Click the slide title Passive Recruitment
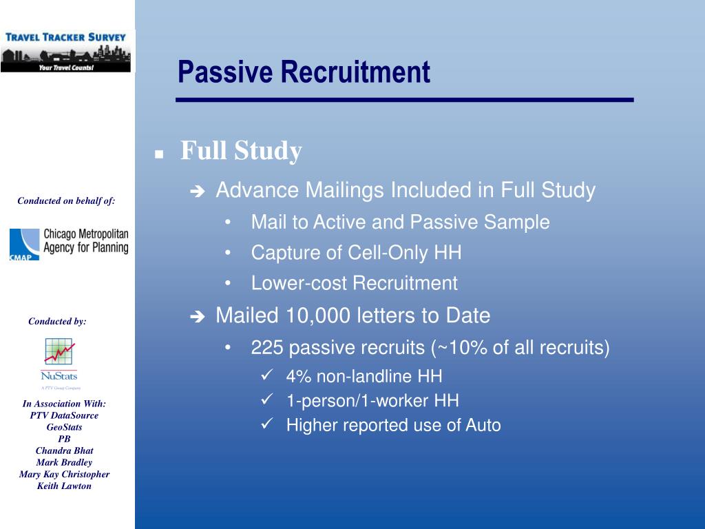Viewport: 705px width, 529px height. (304, 72)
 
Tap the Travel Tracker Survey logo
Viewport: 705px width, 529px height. (66, 51)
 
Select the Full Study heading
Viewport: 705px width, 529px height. (241, 151)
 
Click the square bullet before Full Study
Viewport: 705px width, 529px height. (159, 154)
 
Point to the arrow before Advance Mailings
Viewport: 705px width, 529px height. (198, 192)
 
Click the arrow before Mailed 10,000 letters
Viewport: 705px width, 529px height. (198, 317)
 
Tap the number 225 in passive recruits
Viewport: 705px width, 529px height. (267, 348)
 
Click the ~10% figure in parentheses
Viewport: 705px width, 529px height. (462, 348)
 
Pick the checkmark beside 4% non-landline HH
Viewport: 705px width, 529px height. (267, 375)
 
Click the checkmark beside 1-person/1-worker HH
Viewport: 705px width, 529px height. (267, 399)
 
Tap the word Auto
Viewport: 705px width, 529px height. (483, 425)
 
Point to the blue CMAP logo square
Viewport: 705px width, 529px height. (24, 245)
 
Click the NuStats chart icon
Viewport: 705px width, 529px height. (59, 351)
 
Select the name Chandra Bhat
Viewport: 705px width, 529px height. (64, 450)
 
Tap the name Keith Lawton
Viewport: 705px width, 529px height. (64, 486)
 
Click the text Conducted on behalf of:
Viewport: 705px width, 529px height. (66, 201)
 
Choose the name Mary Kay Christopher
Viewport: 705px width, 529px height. (64, 475)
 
